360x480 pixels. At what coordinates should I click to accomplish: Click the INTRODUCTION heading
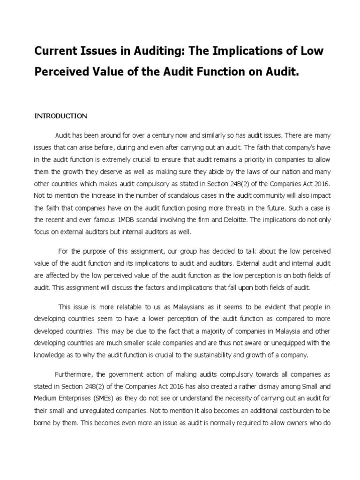60,116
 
